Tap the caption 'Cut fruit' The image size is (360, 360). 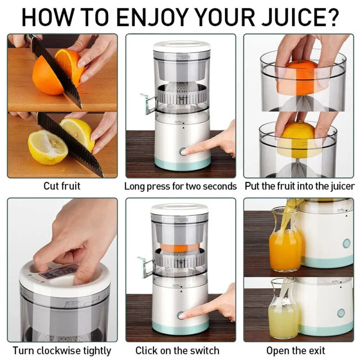62,186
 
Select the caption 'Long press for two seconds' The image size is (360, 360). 180,186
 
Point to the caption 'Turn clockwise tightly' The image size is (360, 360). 62,350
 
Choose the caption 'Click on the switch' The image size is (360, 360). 177,350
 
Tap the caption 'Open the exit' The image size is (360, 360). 296,350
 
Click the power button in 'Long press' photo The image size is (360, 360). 183,151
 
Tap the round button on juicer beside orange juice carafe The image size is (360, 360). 346,243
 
